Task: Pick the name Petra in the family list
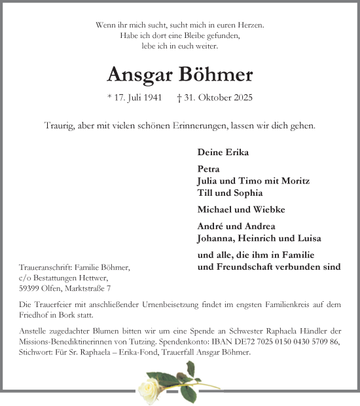[208, 169]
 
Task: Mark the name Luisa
[307, 238]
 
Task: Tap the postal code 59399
[31, 288]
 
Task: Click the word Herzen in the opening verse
[249, 25]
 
